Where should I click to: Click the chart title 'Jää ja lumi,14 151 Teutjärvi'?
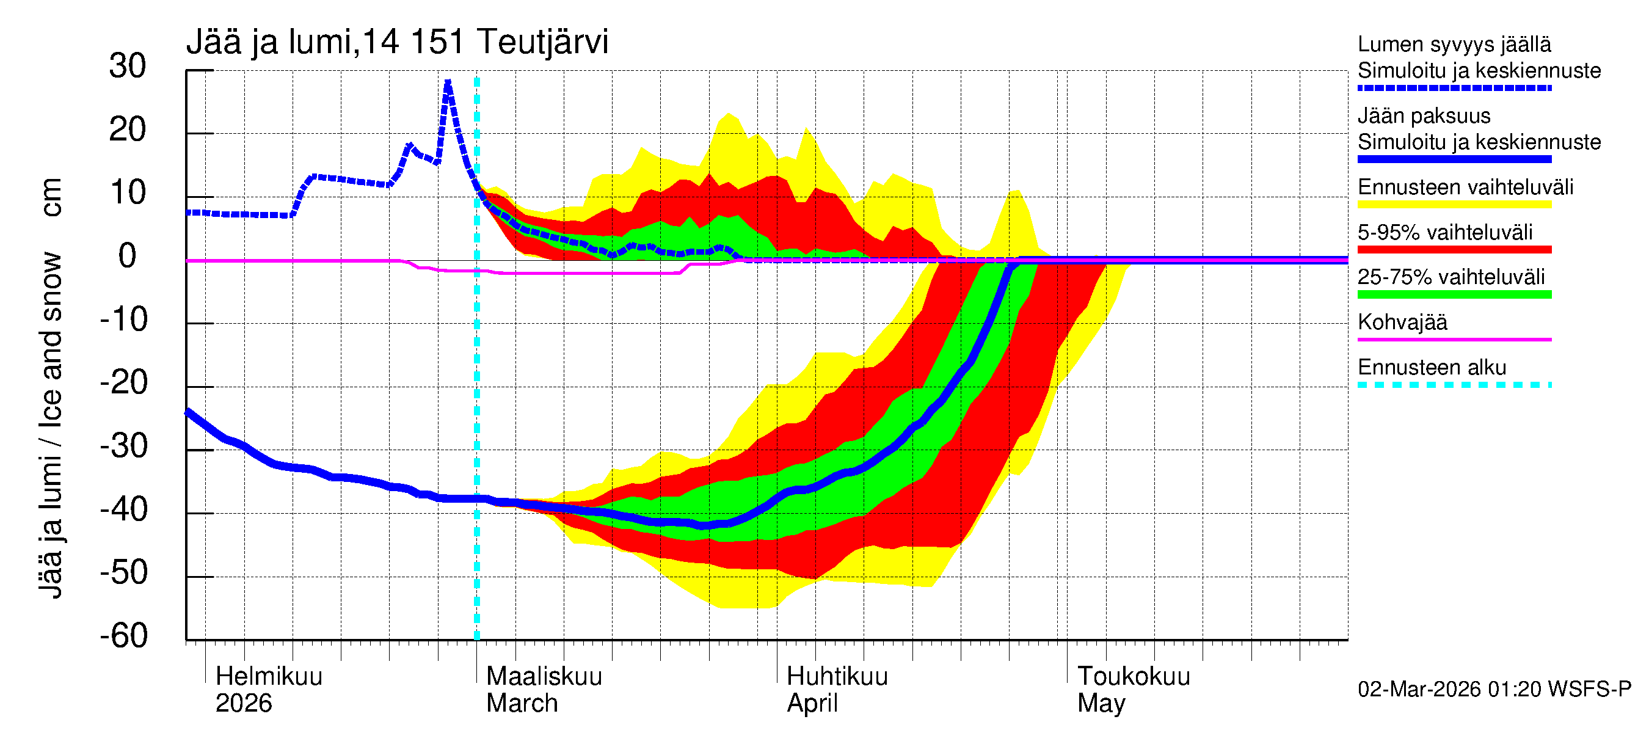point(397,42)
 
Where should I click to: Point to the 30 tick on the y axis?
point(128,67)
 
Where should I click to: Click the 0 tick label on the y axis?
point(128,256)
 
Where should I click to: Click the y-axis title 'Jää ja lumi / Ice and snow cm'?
point(51,388)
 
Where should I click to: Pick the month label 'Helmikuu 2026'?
point(268,690)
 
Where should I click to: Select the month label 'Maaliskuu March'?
point(544,690)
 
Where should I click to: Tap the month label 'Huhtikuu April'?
point(837,690)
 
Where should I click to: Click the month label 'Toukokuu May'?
point(1133,690)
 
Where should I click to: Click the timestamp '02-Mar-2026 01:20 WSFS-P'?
point(1494,690)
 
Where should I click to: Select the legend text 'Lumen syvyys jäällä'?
point(1454,45)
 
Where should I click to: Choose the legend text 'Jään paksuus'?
point(1424,116)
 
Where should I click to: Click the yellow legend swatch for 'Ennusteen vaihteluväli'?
point(1454,205)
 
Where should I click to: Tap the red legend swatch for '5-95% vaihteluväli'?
point(1454,250)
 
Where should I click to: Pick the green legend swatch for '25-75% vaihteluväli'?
point(1454,294)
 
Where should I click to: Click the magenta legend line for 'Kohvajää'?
point(1454,339)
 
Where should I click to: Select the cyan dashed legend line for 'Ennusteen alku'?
point(1454,385)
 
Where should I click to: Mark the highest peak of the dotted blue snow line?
point(448,81)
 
